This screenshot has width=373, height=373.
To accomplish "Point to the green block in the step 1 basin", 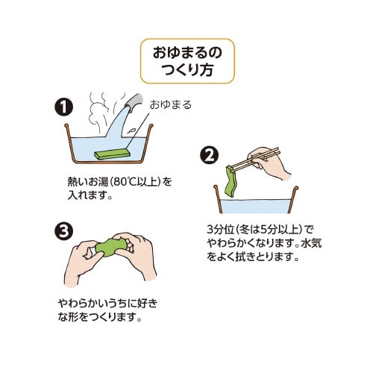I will coord(112,154).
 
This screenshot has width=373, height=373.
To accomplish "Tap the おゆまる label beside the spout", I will coord(171,105).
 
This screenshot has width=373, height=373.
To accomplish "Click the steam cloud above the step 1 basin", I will coord(101,112).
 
